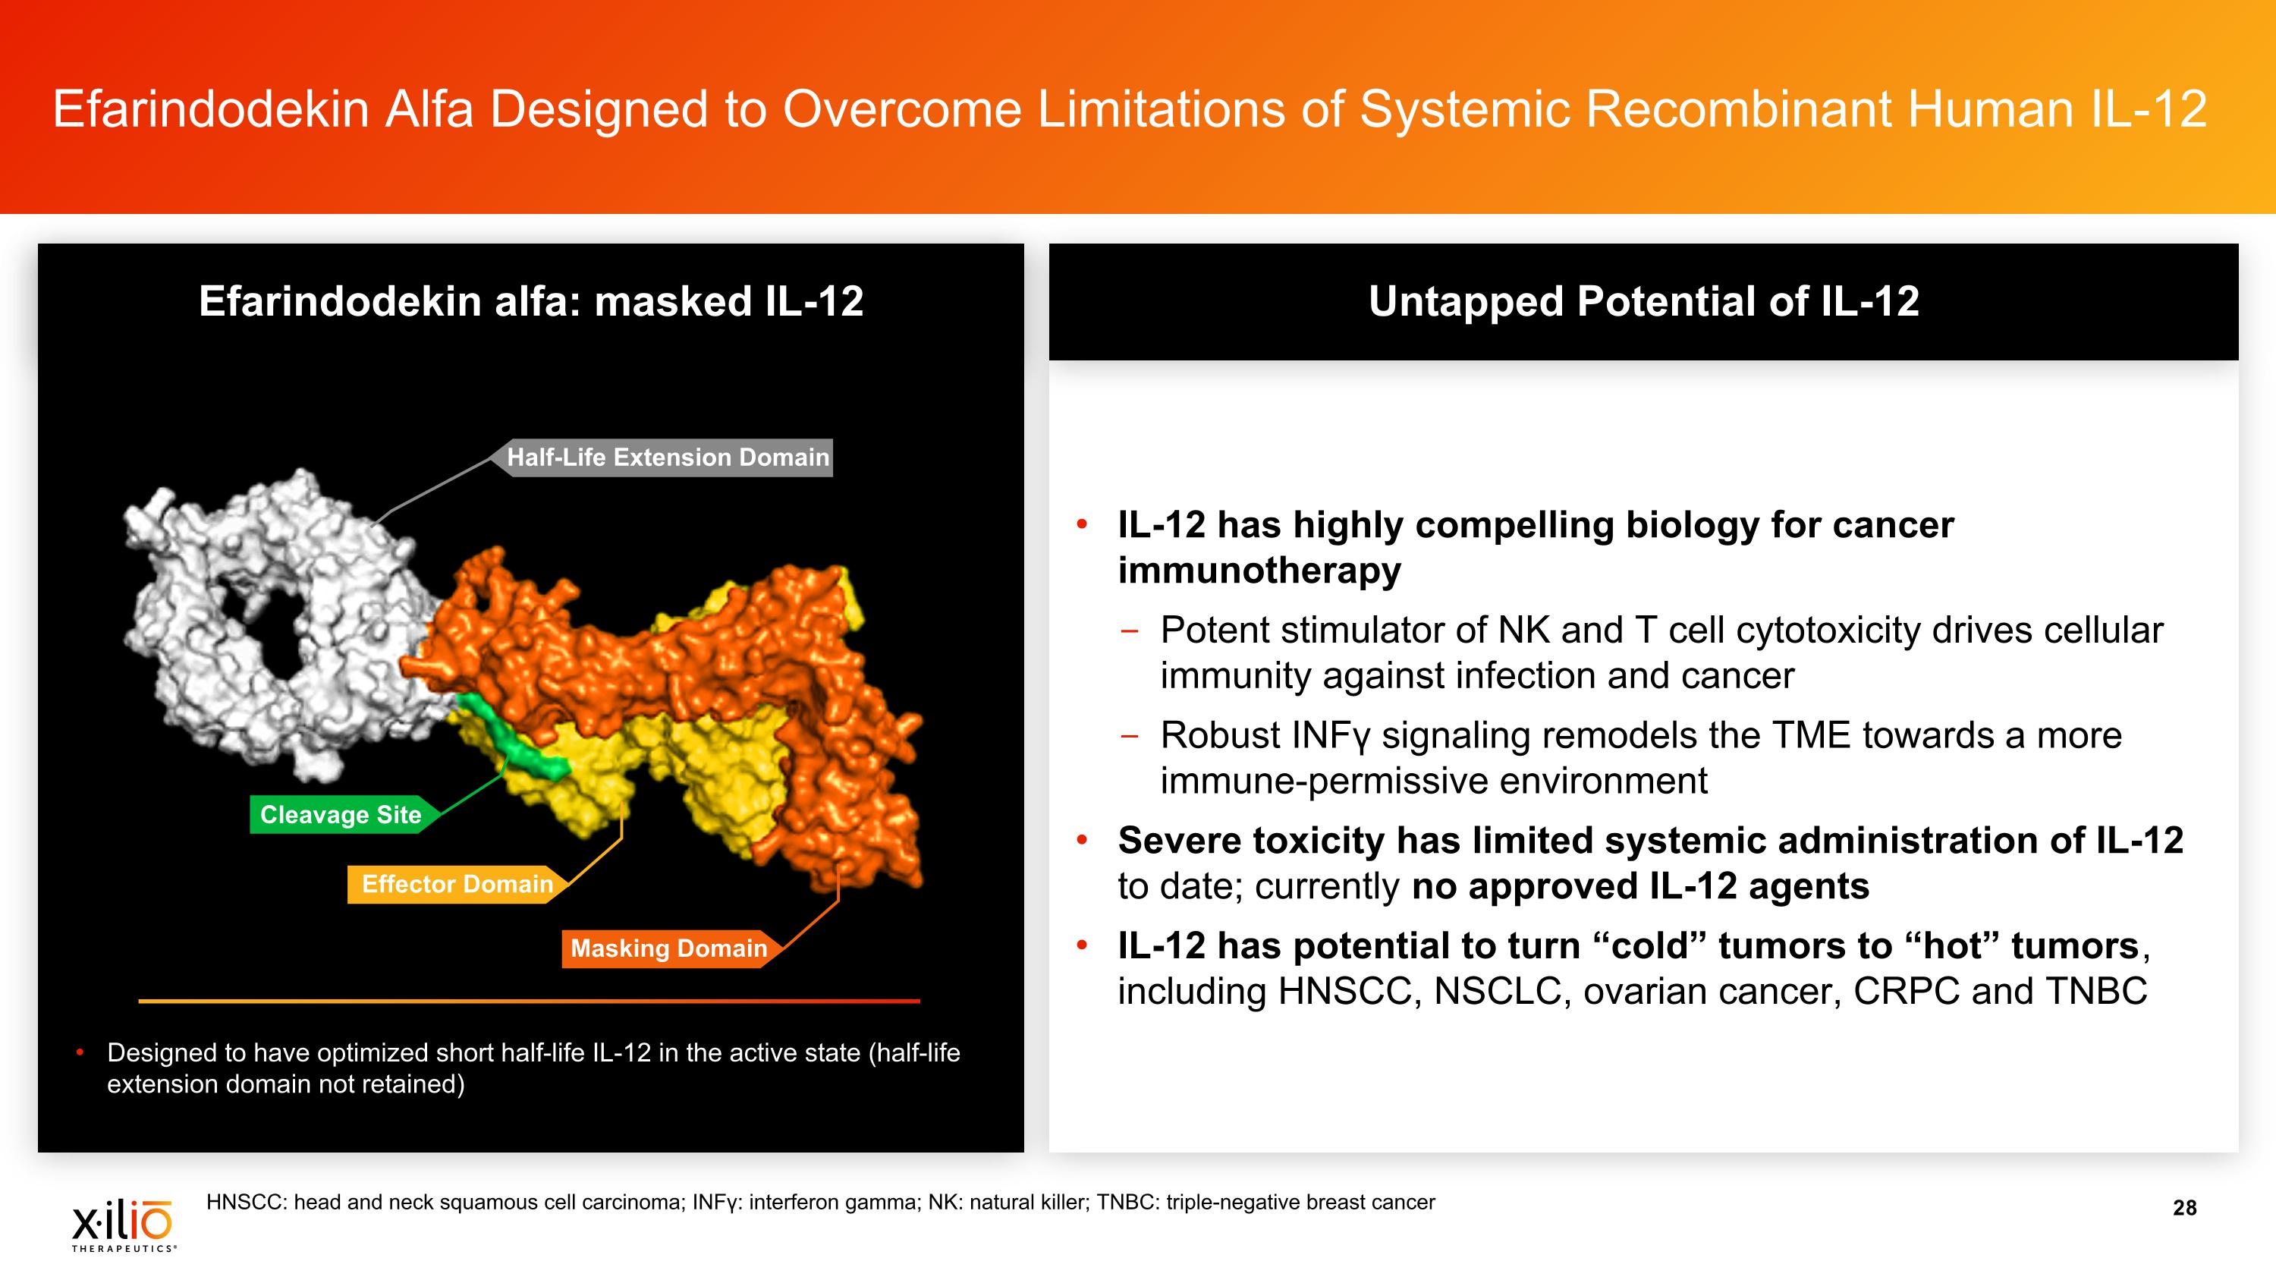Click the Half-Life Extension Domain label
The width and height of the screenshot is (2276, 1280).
click(x=668, y=458)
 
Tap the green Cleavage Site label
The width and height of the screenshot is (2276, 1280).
click(x=341, y=814)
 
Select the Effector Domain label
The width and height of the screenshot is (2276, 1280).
click(x=457, y=884)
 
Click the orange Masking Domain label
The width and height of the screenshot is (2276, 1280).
click(x=669, y=948)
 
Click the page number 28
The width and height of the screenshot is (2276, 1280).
click(x=2184, y=1208)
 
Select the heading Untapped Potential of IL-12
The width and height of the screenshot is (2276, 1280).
click(x=1643, y=301)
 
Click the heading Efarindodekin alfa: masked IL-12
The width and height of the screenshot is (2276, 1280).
click(x=530, y=301)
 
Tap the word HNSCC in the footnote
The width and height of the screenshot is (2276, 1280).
click(x=244, y=1203)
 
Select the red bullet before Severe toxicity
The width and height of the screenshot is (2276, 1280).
click(x=1081, y=840)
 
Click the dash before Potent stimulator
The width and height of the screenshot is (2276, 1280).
click(x=1129, y=631)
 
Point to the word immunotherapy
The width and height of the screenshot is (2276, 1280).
click(x=1259, y=571)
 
